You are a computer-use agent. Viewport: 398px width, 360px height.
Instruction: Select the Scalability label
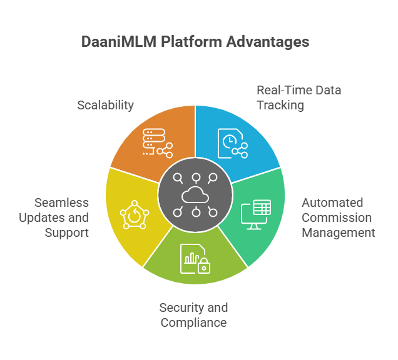pos(105,105)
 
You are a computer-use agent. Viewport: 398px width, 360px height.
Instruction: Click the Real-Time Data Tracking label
pos(298,97)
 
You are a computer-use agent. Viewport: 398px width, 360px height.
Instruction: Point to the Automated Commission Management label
pos(338,217)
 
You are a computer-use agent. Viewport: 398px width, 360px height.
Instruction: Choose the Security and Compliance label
pos(193,315)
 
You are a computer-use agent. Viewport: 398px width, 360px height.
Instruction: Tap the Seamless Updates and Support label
pos(62,217)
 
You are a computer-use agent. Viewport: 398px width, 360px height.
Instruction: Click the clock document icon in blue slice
pos(232,142)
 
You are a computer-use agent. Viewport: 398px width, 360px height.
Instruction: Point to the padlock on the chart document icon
pos(203,267)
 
